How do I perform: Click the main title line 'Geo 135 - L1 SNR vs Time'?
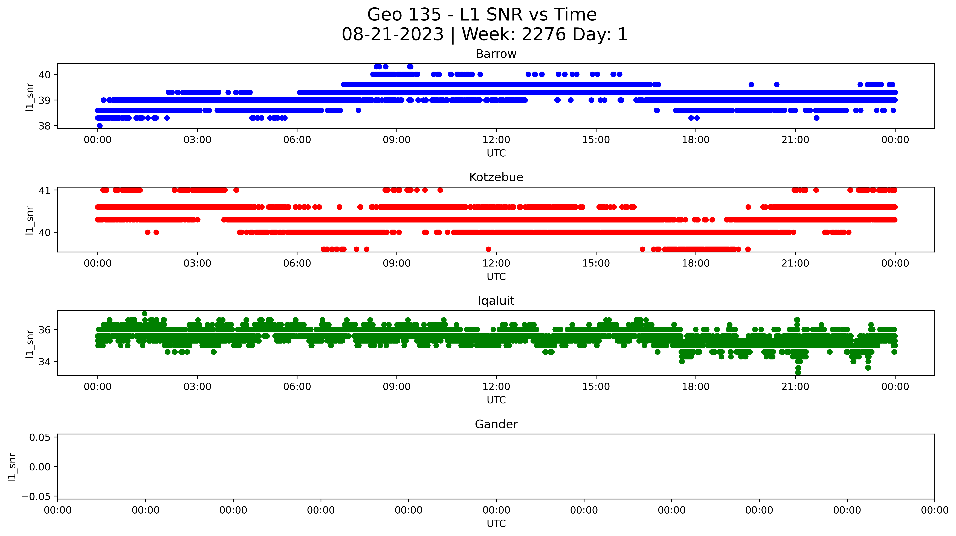click(x=482, y=15)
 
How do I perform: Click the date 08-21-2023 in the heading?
click(x=393, y=34)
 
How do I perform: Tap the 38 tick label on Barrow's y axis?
click(x=45, y=126)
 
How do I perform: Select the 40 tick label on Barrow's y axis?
click(x=45, y=75)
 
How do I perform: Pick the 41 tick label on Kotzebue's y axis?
click(x=45, y=190)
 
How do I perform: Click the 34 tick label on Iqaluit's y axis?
click(x=45, y=362)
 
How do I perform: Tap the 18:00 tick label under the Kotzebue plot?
click(x=696, y=263)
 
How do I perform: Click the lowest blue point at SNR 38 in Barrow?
click(x=99, y=126)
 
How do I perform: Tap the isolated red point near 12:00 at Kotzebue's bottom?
click(x=488, y=249)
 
